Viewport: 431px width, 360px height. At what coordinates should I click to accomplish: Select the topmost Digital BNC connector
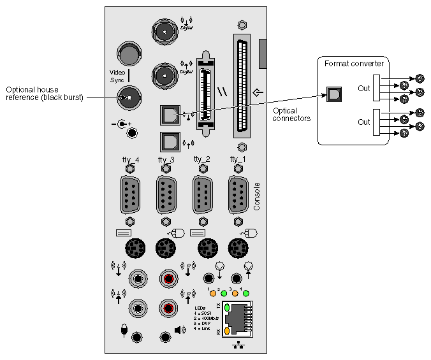point(164,30)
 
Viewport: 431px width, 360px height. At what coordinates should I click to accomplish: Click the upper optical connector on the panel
point(170,115)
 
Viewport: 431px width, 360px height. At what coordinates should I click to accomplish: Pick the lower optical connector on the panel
point(170,141)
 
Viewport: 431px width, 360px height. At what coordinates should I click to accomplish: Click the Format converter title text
point(354,64)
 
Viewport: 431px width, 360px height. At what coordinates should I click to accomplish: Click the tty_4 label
point(130,159)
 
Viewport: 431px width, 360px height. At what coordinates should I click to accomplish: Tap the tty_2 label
point(202,159)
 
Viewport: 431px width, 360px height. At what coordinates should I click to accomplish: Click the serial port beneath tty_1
point(238,195)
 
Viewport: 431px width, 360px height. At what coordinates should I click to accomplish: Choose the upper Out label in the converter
point(363,88)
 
